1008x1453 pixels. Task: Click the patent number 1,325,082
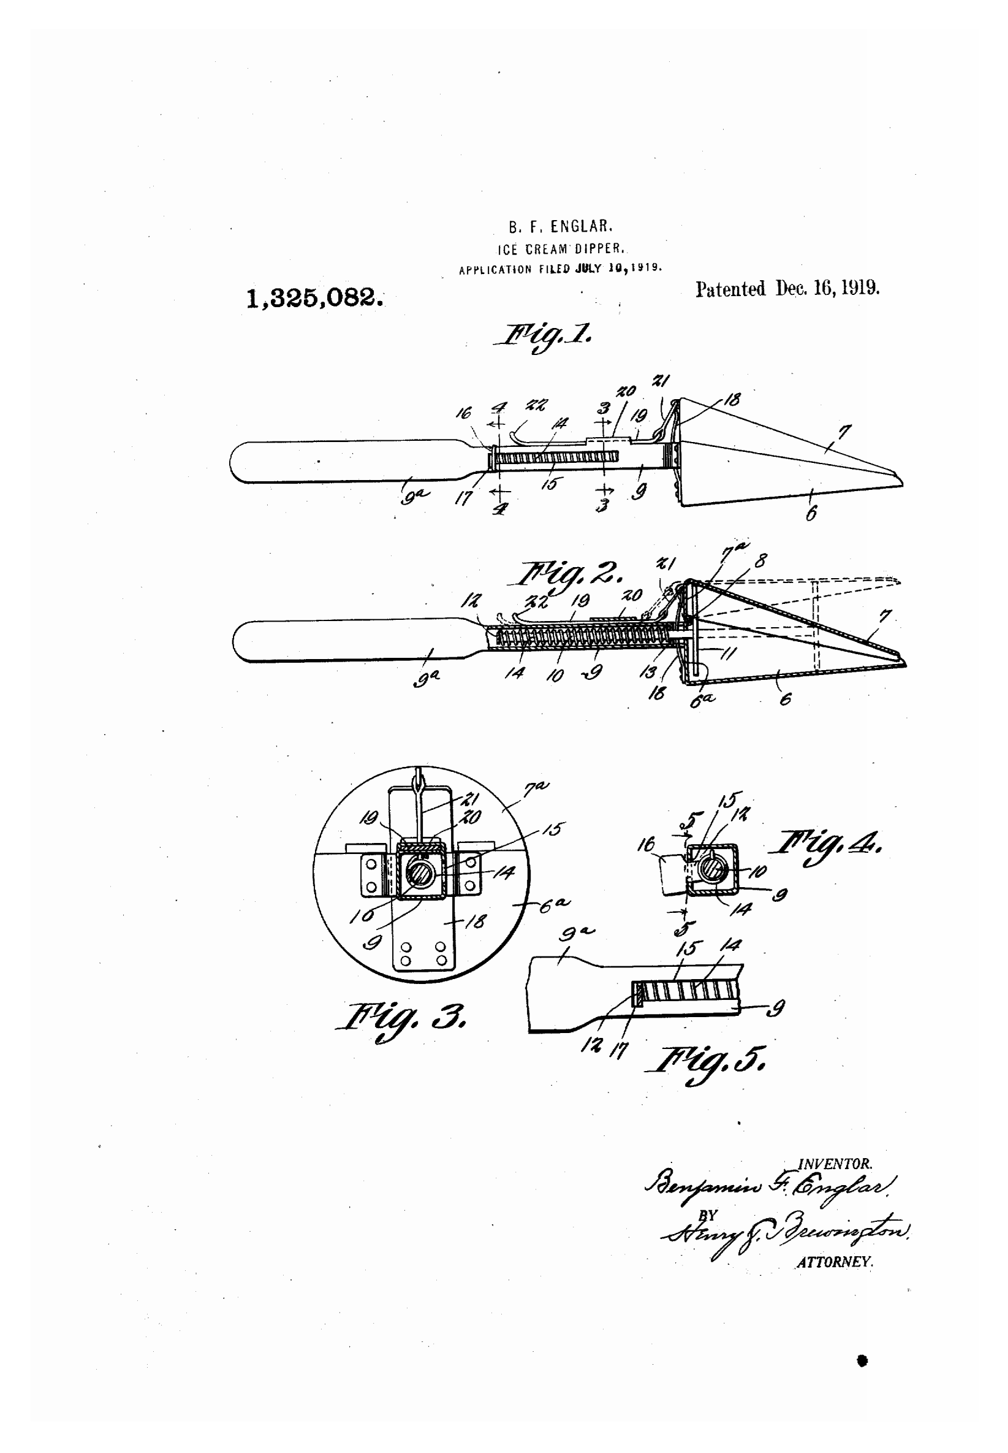314,297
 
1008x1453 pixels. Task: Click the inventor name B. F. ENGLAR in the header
560,226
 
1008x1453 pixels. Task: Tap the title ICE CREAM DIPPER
561,249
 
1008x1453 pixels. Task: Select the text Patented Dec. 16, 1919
787,289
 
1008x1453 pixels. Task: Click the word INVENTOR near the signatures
835,1164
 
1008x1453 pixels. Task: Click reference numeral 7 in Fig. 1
844,433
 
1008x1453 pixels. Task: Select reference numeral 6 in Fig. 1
811,513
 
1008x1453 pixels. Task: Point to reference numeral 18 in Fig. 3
476,921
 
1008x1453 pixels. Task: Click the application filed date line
560,269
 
